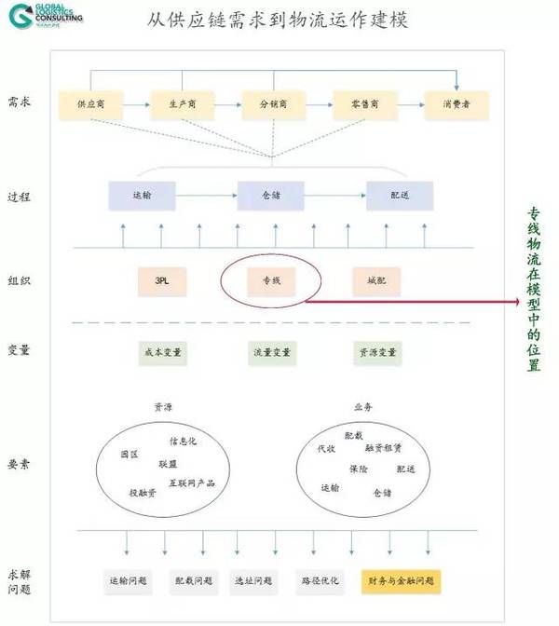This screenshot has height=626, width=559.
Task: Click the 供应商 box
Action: pyautogui.click(x=90, y=104)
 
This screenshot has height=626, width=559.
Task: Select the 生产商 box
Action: pyautogui.click(x=182, y=104)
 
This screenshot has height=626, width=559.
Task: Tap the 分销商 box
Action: pyautogui.click(x=273, y=104)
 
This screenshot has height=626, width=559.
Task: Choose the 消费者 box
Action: pyautogui.click(x=457, y=104)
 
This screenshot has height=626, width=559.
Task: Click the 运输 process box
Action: pyautogui.click(x=142, y=195)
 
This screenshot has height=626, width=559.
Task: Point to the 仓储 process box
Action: pyautogui.click(x=270, y=195)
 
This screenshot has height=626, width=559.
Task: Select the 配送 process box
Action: pyautogui.click(x=400, y=195)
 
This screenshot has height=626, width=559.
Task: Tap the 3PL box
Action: pyautogui.click(x=162, y=280)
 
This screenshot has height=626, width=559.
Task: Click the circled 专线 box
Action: pyautogui.click(x=270, y=280)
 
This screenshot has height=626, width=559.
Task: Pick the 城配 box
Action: pyautogui.click(x=376, y=280)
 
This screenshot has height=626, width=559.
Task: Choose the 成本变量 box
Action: pyautogui.click(x=162, y=353)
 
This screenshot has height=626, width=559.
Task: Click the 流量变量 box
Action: pyautogui.click(x=270, y=353)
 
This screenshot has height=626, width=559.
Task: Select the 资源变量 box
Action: pyautogui.click(x=376, y=353)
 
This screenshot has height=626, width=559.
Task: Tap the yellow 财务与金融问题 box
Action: pyautogui.click(x=401, y=580)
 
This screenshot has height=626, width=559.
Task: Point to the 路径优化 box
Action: pyautogui.click(x=320, y=580)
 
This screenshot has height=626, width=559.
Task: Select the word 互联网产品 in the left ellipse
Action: pyautogui.click(x=191, y=482)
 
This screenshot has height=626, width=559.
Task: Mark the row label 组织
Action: pyautogui.click(x=19, y=279)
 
